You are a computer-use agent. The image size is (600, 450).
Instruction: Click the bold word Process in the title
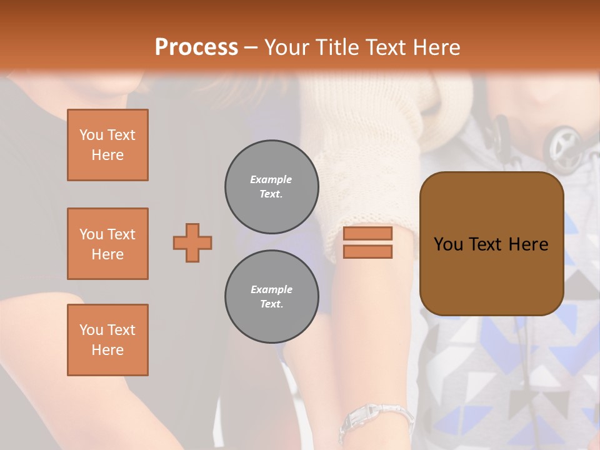(196, 47)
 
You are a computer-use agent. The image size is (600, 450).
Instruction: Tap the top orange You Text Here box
(107, 145)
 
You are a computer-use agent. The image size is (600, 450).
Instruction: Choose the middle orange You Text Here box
(107, 244)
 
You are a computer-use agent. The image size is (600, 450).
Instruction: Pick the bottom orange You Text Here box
(107, 339)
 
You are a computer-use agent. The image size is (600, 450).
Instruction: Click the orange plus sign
(192, 242)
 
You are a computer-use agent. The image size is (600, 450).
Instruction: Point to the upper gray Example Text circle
(271, 186)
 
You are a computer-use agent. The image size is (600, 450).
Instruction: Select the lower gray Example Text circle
(271, 296)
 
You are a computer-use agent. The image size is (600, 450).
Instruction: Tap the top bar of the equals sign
(367, 233)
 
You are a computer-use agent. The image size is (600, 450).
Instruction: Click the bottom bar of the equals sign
(367, 251)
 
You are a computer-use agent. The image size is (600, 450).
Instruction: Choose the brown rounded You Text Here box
(491, 244)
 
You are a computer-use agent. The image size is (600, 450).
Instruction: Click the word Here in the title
(437, 47)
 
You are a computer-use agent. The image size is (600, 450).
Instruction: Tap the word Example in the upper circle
(271, 179)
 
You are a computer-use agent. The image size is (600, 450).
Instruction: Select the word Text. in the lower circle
(271, 304)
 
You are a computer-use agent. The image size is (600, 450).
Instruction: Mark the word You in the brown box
(447, 244)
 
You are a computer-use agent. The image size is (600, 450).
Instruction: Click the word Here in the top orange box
(107, 155)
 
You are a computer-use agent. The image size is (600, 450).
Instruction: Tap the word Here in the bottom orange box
(107, 350)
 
